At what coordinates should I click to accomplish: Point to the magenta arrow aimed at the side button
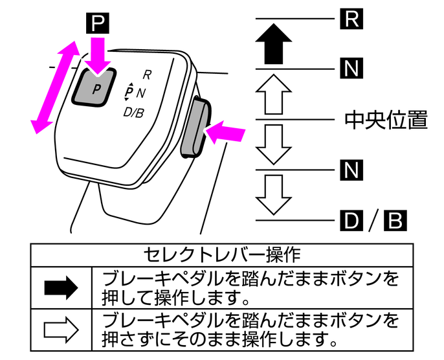pyautogui.click(x=227, y=132)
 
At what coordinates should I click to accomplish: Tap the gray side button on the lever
pyautogui.click(x=195, y=127)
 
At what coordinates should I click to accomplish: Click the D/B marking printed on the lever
pyautogui.click(x=134, y=112)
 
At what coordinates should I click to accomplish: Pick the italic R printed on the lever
pyautogui.click(x=148, y=74)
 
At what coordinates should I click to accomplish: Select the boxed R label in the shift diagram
pyautogui.click(x=350, y=19)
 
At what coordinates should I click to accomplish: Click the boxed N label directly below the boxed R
pyautogui.click(x=350, y=68)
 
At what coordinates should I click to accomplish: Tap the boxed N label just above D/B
pyautogui.click(x=350, y=170)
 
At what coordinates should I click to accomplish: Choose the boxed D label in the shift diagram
pyautogui.click(x=350, y=220)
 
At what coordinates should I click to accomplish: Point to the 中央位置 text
pyautogui.click(x=386, y=120)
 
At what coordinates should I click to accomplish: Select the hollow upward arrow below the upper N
pyautogui.click(x=276, y=95)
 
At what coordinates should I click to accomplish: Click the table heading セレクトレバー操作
pyautogui.click(x=221, y=253)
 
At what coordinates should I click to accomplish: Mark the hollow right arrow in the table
pyautogui.click(x=61, y=330)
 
